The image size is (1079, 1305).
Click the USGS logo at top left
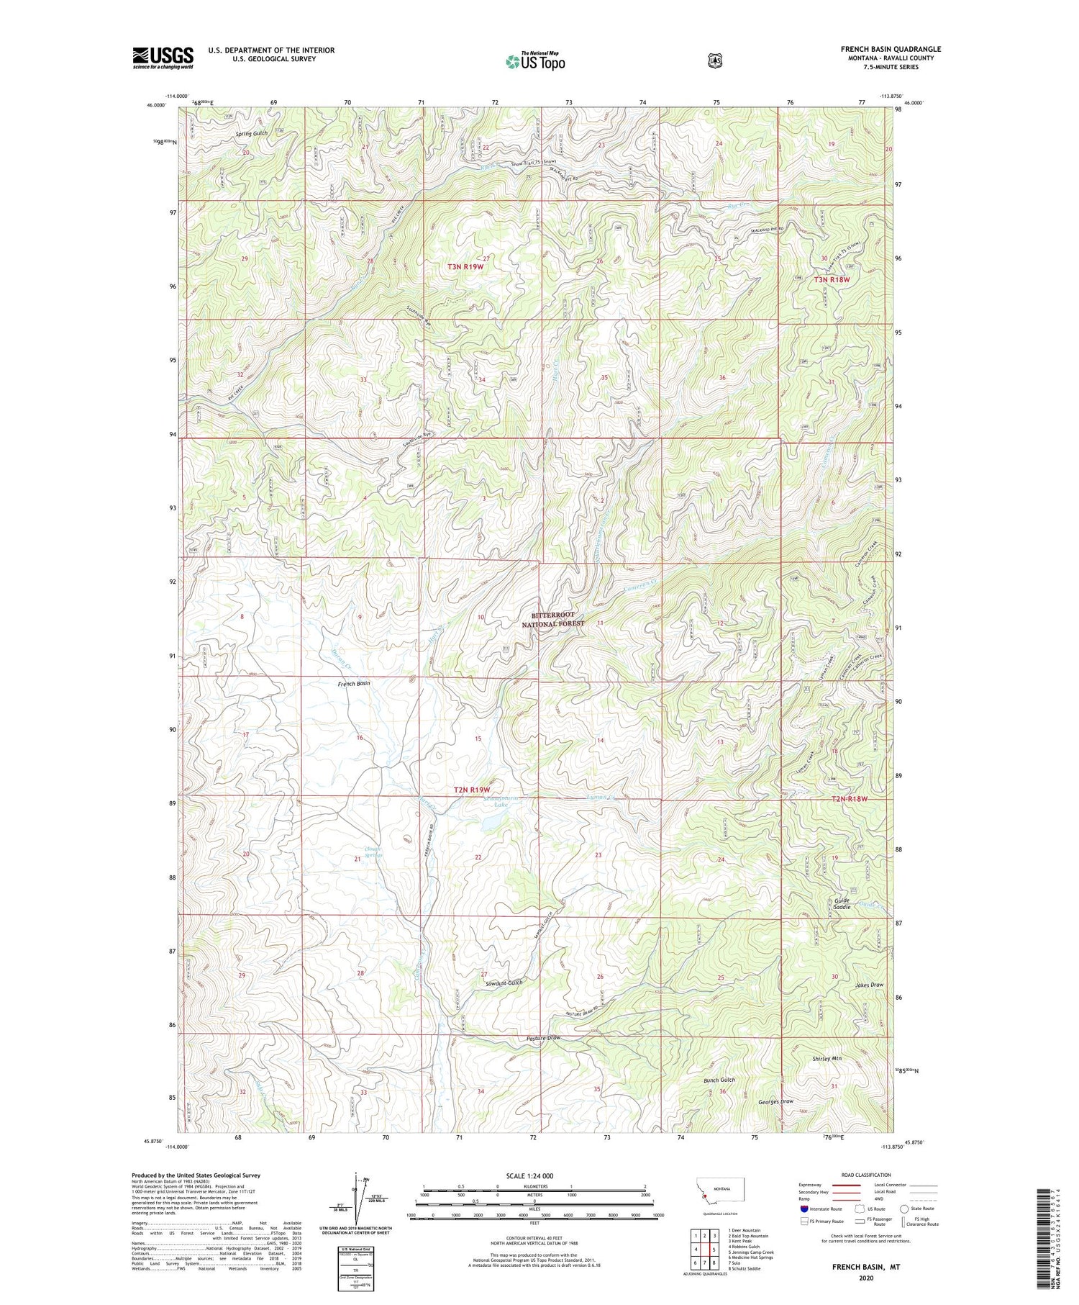click(x=163, y=58)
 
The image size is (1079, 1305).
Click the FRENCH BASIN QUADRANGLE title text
click(x=891, y=49)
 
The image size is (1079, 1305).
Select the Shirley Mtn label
click(x=827, y=1059)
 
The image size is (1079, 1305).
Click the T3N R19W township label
click(x=464, y=266)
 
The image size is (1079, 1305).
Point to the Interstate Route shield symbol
click(x=804, y=1209)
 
